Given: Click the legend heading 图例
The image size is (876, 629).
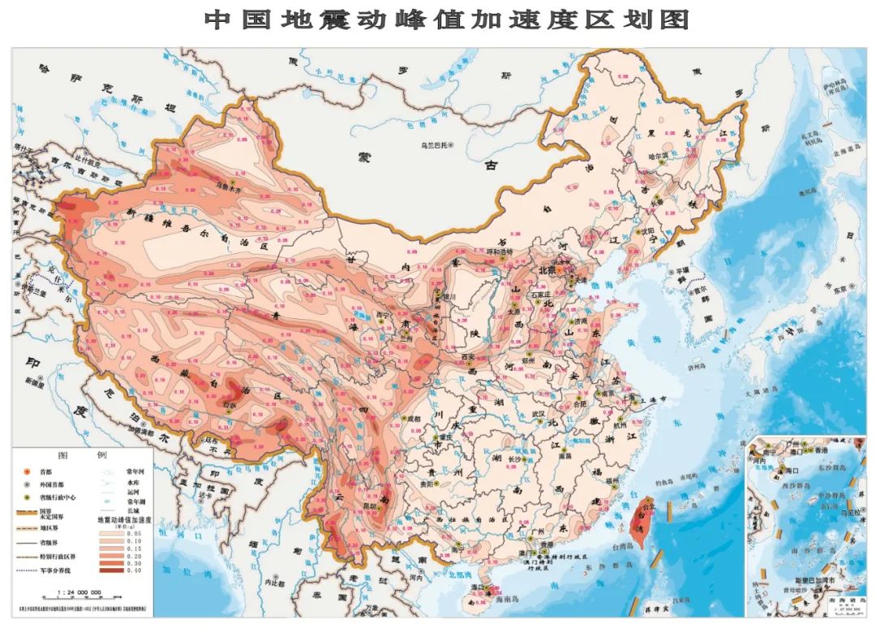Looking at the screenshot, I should point(85,455).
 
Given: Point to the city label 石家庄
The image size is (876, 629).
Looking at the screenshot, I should point(539,295).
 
